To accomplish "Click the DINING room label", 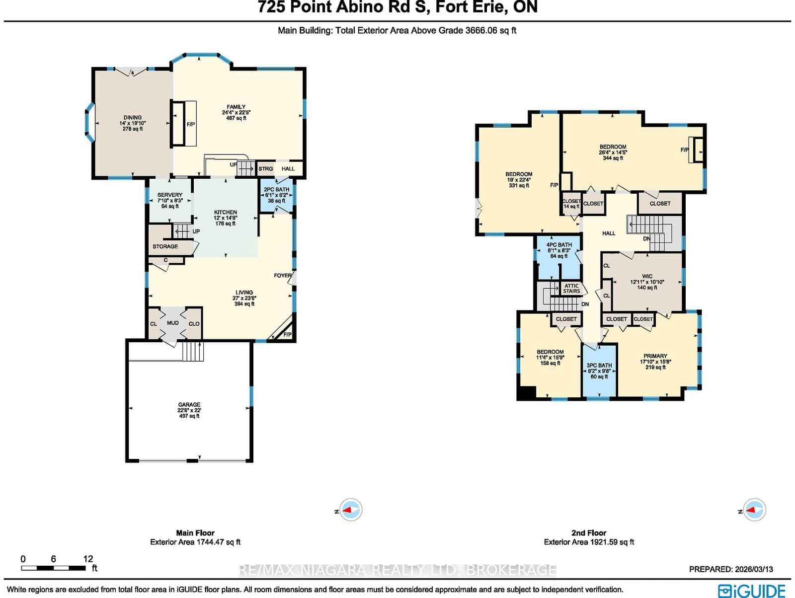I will (132, 118).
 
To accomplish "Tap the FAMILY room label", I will (236, 107).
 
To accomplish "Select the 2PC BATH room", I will (276, 195).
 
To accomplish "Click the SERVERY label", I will (170, 195).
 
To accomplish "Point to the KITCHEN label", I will (226, 213).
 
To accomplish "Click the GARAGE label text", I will (189, 405).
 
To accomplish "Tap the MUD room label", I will (173, 323).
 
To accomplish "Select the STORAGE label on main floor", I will (165, 246).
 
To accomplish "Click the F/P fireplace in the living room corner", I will (287, 334).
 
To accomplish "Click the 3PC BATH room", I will (599, 371).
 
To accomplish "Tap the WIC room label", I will (647, 277).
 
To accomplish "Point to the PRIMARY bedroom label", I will (655, 356).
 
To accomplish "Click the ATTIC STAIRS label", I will (571, 288).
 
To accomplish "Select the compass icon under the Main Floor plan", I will (351, 510).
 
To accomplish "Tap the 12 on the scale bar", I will (88, 559).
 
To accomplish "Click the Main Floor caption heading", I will (195, 532).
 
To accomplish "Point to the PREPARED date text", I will (730, 569).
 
